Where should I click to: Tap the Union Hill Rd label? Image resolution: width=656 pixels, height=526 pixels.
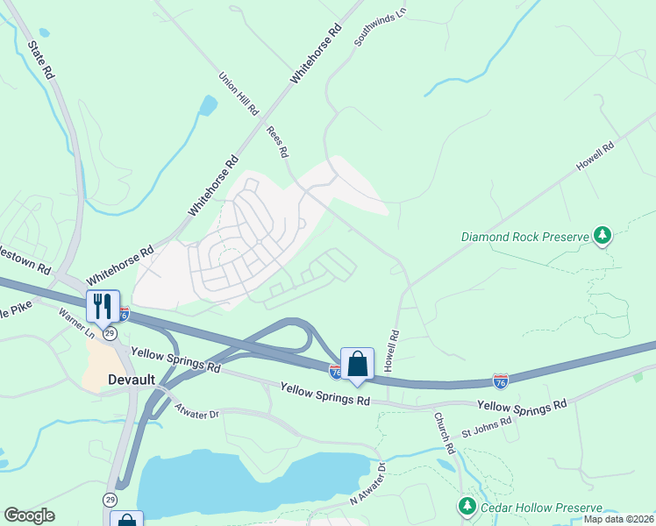click(239, 95)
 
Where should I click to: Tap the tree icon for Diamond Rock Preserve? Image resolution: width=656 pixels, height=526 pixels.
click(602, 235)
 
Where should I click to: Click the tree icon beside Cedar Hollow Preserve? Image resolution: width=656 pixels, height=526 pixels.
click(467, 507)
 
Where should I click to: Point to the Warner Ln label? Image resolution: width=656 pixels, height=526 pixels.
click(76, 323)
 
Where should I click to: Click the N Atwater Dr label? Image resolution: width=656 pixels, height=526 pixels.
click(367, 484)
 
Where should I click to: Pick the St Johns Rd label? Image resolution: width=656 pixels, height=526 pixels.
click(487, 430)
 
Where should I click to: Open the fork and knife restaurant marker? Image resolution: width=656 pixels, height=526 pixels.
click(103, 306)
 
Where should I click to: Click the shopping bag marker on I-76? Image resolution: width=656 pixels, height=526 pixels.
click(357, 363)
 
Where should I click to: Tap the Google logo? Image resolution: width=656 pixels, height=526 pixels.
click(29, 515)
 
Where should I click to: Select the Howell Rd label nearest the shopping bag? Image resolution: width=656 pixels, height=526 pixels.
click(394, 348)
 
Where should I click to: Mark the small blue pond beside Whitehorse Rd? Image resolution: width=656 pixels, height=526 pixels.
click(208, 106)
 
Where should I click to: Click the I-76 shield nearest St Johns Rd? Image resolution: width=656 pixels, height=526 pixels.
click(500, 380)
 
